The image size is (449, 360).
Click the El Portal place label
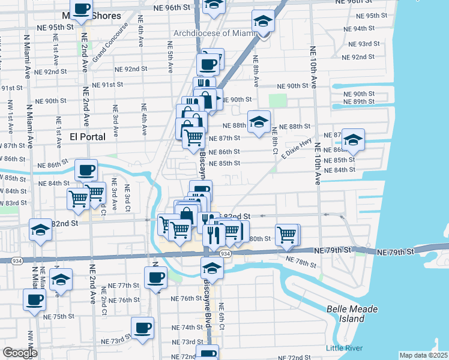click(87, 137)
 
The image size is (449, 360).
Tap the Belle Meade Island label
click(352, 314)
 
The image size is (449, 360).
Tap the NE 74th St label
click(187, 328)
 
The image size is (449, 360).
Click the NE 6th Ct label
click(221, 314)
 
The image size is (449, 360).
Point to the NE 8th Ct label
click(274, 139)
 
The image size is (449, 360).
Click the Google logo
click(20, 352)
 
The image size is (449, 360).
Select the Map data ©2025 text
click(424, 355)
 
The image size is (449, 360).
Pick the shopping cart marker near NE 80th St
click(287, 235)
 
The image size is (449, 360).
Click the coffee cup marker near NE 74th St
click(143, 328)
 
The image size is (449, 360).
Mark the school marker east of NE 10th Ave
click(354, 140)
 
